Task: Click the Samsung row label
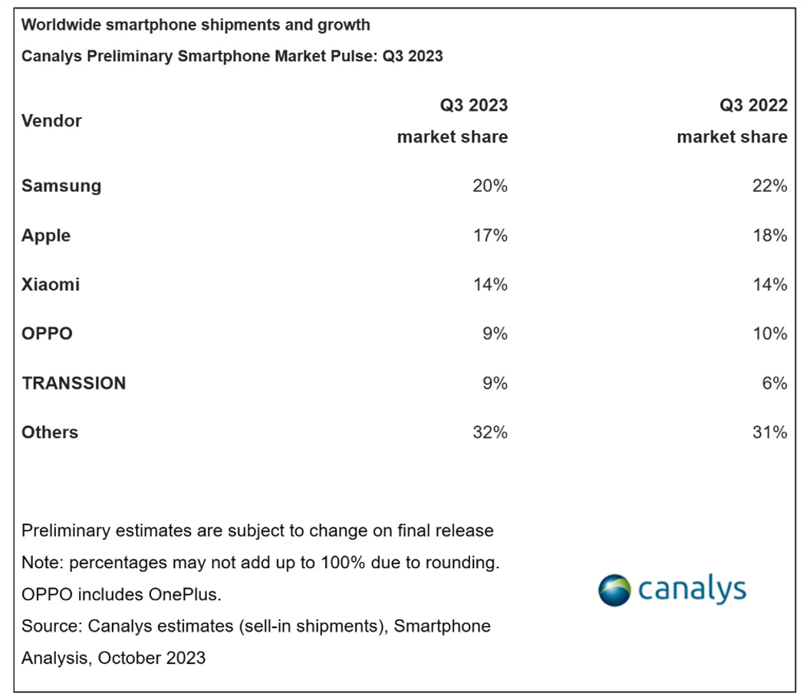pyautogui.click(x=61, y=186)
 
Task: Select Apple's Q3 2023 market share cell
pyautogui.click(x=490, y=235)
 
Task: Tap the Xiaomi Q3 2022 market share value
pyautogui.click(x=769, y=284)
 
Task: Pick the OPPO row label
pyautogui.click(x=47, y=334)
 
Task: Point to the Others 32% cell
pyautogui.click(x=490, y=432)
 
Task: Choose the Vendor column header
pyautogui.click(x=51, y=121)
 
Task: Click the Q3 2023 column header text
pyautogui.click(x=473, y=106)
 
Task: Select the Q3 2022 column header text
pyautogui.click(x=753, y=106)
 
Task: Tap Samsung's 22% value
pyautogui.click(x=769, y=186)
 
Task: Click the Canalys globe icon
pyautogui.click(x=615, y=590)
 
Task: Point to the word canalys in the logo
pyautogui.click(x=691, y=589)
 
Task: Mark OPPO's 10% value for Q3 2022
pyautogui.click(x=769, y=334)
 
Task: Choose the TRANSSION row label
pyautogui.click(x=74, y=383)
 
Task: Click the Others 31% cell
pyautogui.click(x=769, y=432)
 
